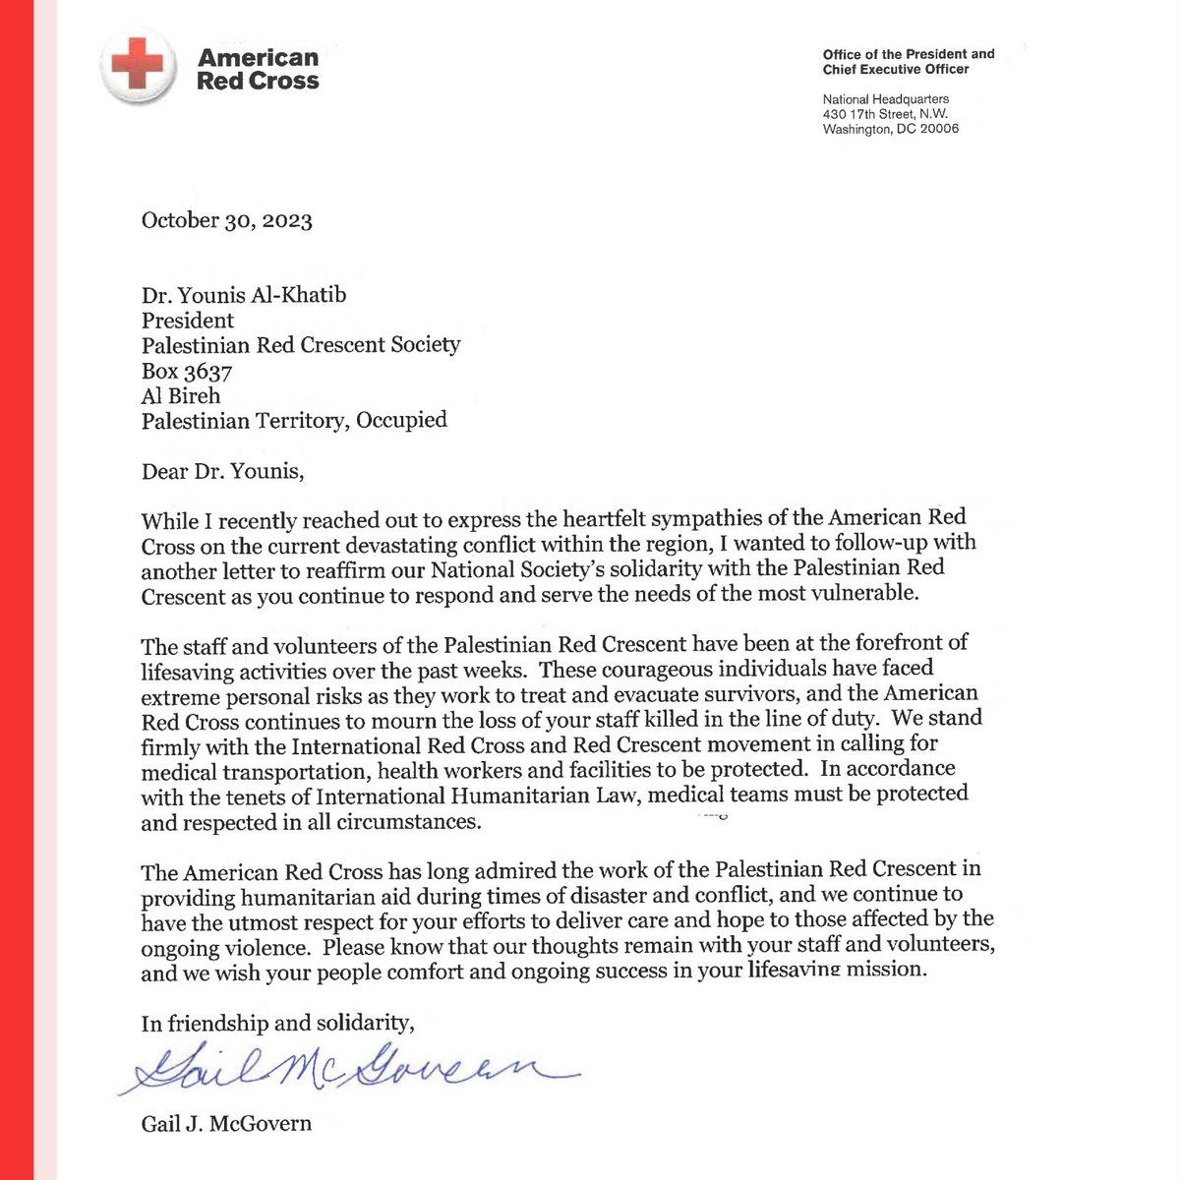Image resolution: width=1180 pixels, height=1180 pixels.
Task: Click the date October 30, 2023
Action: pyautogui.click(x=227, y=219)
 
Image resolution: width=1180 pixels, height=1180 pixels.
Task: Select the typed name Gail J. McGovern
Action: pyautogui.click(x=226, y=1123)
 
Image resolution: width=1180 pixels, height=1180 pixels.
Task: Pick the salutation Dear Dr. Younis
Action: pyautogui.click(x=223, y=472)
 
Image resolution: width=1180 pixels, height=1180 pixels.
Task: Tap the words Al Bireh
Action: pyautogui.click(x=181, y=396)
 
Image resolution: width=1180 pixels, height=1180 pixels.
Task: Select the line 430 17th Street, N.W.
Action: pyautogui.click(x=885, y=114)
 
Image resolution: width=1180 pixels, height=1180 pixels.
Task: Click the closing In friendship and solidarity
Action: pyautogui.click(x=278, y=1023)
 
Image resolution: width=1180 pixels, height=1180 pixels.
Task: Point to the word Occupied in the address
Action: pyautogui.click(x=402, y=421)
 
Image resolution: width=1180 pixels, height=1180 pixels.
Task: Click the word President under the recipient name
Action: pyautogui.click(x=188, y=320)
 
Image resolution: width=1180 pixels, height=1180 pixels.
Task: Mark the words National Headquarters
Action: pyautogui.click(x=886, y=99)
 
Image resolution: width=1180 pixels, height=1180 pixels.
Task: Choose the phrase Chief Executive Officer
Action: pyautogui.click(x=896, y=69)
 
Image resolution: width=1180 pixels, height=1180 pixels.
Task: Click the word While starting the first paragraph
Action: pyautogui.click(x=169, y=520)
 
